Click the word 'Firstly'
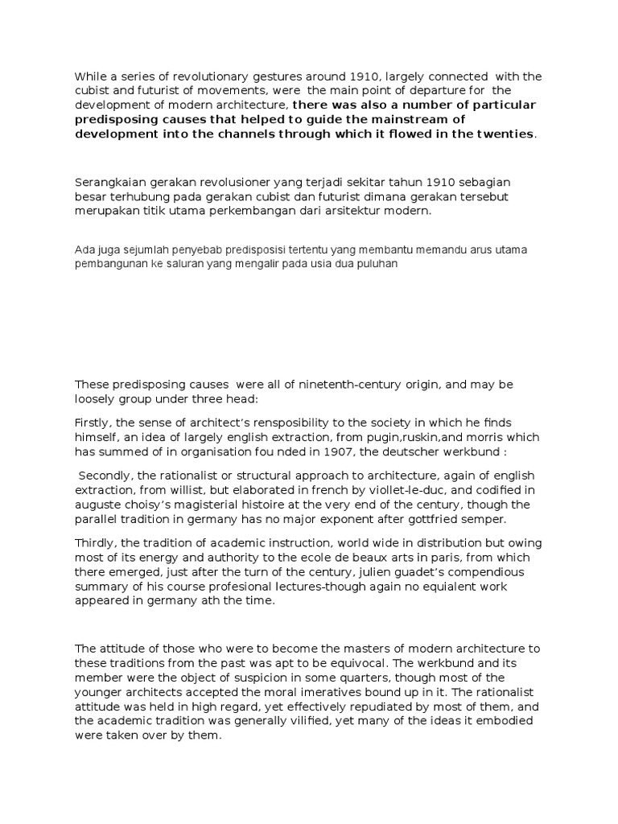(95, 423)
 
